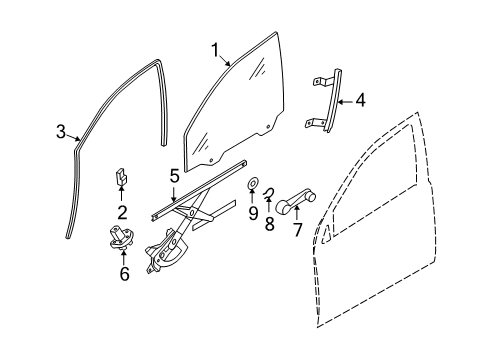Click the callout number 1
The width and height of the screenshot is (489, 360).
(216, 50)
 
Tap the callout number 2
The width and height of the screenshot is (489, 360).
(122, 213)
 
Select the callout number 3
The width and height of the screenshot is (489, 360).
(61, 132)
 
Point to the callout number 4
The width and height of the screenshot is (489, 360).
(360, 100)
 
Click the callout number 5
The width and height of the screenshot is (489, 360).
(174, 176)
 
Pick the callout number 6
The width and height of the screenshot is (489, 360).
(124, 274)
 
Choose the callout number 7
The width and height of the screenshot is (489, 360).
(297, 230)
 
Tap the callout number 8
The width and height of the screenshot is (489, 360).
(269, 223)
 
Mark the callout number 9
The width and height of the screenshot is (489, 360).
(253, 213)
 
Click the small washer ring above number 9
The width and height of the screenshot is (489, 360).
(252, 183)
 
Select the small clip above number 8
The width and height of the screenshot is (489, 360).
(268, 194)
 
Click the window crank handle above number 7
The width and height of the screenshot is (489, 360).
(295, 201)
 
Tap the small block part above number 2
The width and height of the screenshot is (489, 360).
(121, 176)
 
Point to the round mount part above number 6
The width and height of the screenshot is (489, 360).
(121, 237)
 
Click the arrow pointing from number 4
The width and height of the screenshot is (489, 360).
(345, 102)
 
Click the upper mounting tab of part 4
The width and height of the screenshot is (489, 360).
(321, 81)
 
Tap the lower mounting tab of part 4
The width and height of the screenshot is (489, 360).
(314, 123)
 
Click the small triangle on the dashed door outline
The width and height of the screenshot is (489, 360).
(326, 234)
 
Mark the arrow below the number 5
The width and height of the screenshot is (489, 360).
(174, 193)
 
